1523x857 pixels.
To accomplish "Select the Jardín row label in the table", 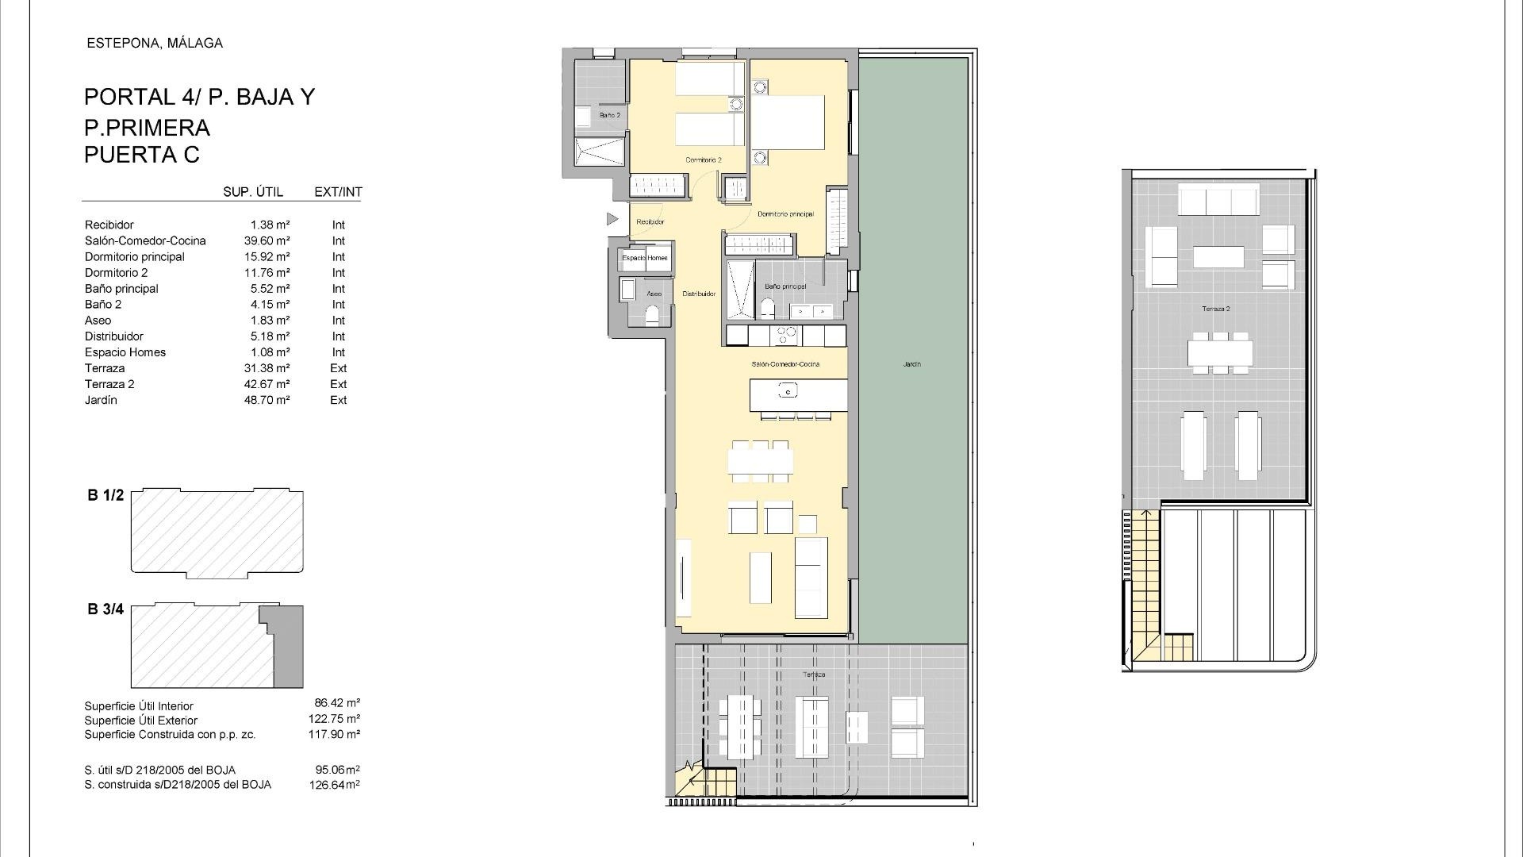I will pos(101,400).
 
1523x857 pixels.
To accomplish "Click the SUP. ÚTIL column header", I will pos(253,192).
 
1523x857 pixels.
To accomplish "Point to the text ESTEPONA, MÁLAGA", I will pos(155,44).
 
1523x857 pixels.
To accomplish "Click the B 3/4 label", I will pos(105,609).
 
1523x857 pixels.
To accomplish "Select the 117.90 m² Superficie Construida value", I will pos(334,735).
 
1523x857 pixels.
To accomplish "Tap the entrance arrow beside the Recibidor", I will pos(612,218).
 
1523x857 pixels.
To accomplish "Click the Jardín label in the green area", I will pos(911,364).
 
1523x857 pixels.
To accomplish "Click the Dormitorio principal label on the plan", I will pos(785,214).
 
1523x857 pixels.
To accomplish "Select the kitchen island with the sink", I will pos(798,394).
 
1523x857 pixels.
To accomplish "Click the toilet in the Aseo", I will pos(653,317).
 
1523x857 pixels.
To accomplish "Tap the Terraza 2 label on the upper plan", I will pos(1214,309).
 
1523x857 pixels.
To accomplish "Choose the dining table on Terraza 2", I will pos(1220,352).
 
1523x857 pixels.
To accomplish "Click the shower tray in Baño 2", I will pos(598,152).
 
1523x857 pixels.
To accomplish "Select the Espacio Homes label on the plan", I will pos(644,258).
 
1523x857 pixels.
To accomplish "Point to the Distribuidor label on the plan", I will pos(699,294).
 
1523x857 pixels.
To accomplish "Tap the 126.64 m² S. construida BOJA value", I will pos(334,785).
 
